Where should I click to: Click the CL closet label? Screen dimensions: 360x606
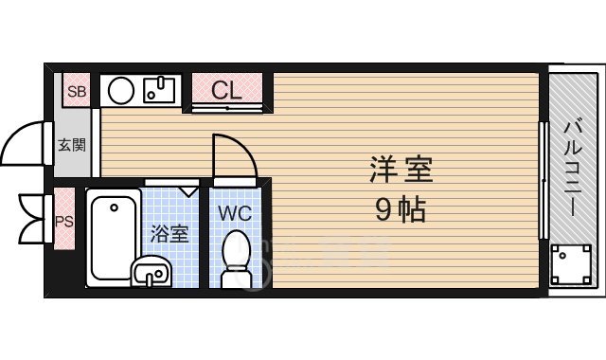coord(226,90)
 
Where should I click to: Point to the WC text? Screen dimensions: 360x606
coord(235,213)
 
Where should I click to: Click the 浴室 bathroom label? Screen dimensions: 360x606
coord(170,233)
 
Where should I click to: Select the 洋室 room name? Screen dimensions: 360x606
coord(401,172)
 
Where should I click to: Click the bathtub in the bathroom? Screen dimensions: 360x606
coord(112,237)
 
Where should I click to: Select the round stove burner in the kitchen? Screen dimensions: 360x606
coord(120,91)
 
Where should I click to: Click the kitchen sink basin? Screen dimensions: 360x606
coord(157,91)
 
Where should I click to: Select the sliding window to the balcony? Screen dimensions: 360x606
coord(543,180)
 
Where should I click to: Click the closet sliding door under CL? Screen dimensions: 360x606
coord(227,109)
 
